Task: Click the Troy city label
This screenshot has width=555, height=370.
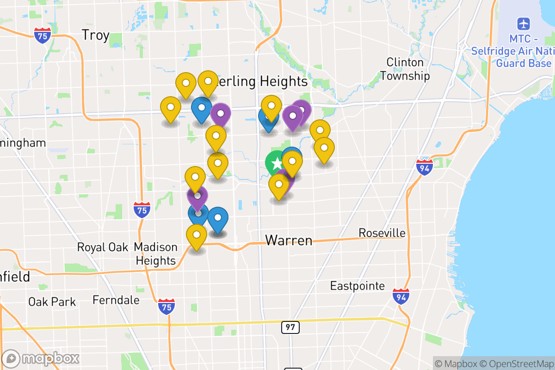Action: pyautogui.click(x=95, y=35)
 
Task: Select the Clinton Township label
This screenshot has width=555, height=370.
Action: pyautogui.click(x=405, y=69)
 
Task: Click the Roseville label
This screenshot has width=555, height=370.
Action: pyautogui.click(x=382, y=233)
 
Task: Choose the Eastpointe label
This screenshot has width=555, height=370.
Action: pyautogui.click(x=357, y=286)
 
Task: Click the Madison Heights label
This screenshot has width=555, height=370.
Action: pyautogui.click(x=156, y=254)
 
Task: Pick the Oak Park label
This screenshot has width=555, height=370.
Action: pyautogui.click(x=52, y=302)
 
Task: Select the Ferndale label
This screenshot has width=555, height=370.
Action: pyautogui.click(x=116, y=300)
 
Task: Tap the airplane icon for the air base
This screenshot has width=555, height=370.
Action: pyautogui.click(x=524, y=23)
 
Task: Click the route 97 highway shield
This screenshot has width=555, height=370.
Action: pyautogui.click(x=290, y=327)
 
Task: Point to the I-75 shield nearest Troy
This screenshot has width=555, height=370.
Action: pyautogui.click(x=42, y=35)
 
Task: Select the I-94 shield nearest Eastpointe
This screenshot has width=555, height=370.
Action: pyautogui.click(x=401, y=296)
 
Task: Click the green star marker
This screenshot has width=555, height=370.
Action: pyautogui.click(x=276, y=163)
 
